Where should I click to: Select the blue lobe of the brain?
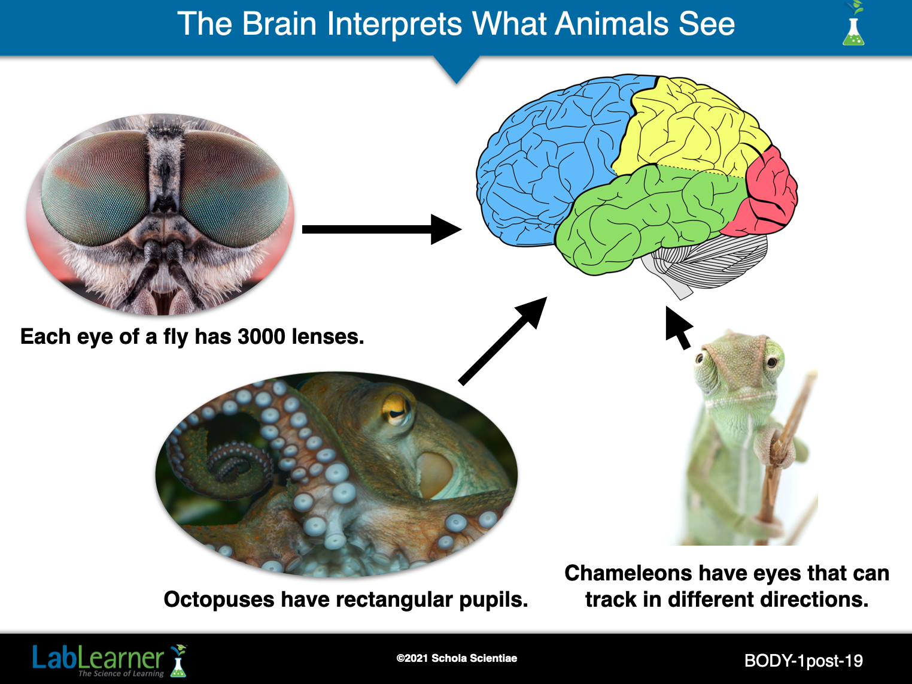552,158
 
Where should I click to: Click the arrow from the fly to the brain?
382,229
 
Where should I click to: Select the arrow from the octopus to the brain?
503,341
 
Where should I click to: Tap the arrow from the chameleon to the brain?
679,328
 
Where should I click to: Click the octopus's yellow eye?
396,409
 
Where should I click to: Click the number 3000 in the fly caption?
262,337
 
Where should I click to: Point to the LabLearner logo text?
98,658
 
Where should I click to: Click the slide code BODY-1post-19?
804,661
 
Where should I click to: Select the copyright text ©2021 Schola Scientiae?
457,658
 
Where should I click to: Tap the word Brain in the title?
279,24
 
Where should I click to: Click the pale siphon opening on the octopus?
434,474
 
